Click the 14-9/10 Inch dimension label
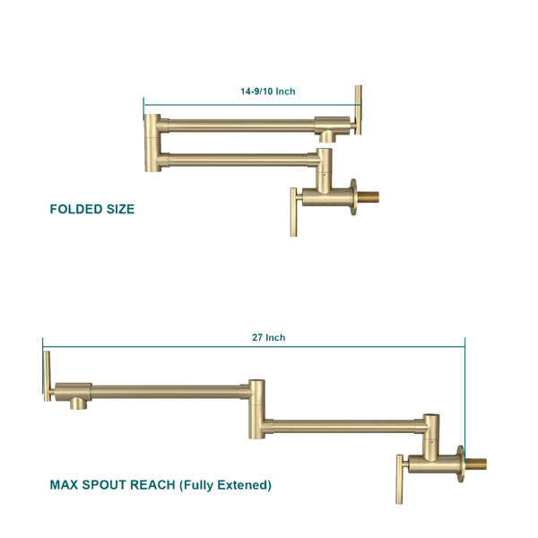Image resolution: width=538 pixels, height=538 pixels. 267,91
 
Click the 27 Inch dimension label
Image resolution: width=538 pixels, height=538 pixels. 269,338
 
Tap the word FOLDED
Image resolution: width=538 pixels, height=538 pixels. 76,209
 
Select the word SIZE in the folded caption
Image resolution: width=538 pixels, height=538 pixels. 120,209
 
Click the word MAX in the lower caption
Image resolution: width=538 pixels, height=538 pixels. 65,485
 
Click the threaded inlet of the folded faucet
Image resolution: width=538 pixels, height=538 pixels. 369,197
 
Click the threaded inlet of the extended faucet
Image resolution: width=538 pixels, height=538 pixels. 475,464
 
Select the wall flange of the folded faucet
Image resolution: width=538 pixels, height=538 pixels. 353,197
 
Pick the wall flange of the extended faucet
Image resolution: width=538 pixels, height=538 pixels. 461,464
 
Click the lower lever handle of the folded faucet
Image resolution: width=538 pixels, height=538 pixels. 294,212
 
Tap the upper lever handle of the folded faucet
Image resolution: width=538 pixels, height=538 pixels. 358,109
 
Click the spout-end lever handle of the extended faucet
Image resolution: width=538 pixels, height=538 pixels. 48,376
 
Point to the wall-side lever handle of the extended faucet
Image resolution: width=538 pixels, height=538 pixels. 400,479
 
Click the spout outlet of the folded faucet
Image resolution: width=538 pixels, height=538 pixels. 327,136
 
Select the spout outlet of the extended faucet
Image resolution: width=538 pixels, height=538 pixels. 79,403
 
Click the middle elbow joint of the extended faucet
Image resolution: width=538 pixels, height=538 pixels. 256,410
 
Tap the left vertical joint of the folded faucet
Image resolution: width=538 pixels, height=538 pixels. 152,143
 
